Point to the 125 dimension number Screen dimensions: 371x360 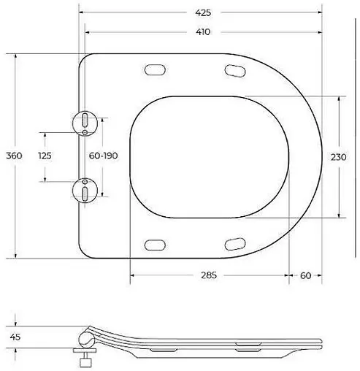(45, 156)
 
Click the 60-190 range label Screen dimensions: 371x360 (103, 156)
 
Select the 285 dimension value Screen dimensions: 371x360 (210, 275)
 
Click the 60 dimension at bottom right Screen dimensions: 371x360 (305, 275)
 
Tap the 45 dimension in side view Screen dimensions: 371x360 (15, 337)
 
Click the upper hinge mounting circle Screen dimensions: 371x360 (85, 122)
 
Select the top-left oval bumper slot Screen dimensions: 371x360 (155, 70)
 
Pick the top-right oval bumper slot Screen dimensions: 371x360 (234, 70)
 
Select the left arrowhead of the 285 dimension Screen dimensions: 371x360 (134, 275)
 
